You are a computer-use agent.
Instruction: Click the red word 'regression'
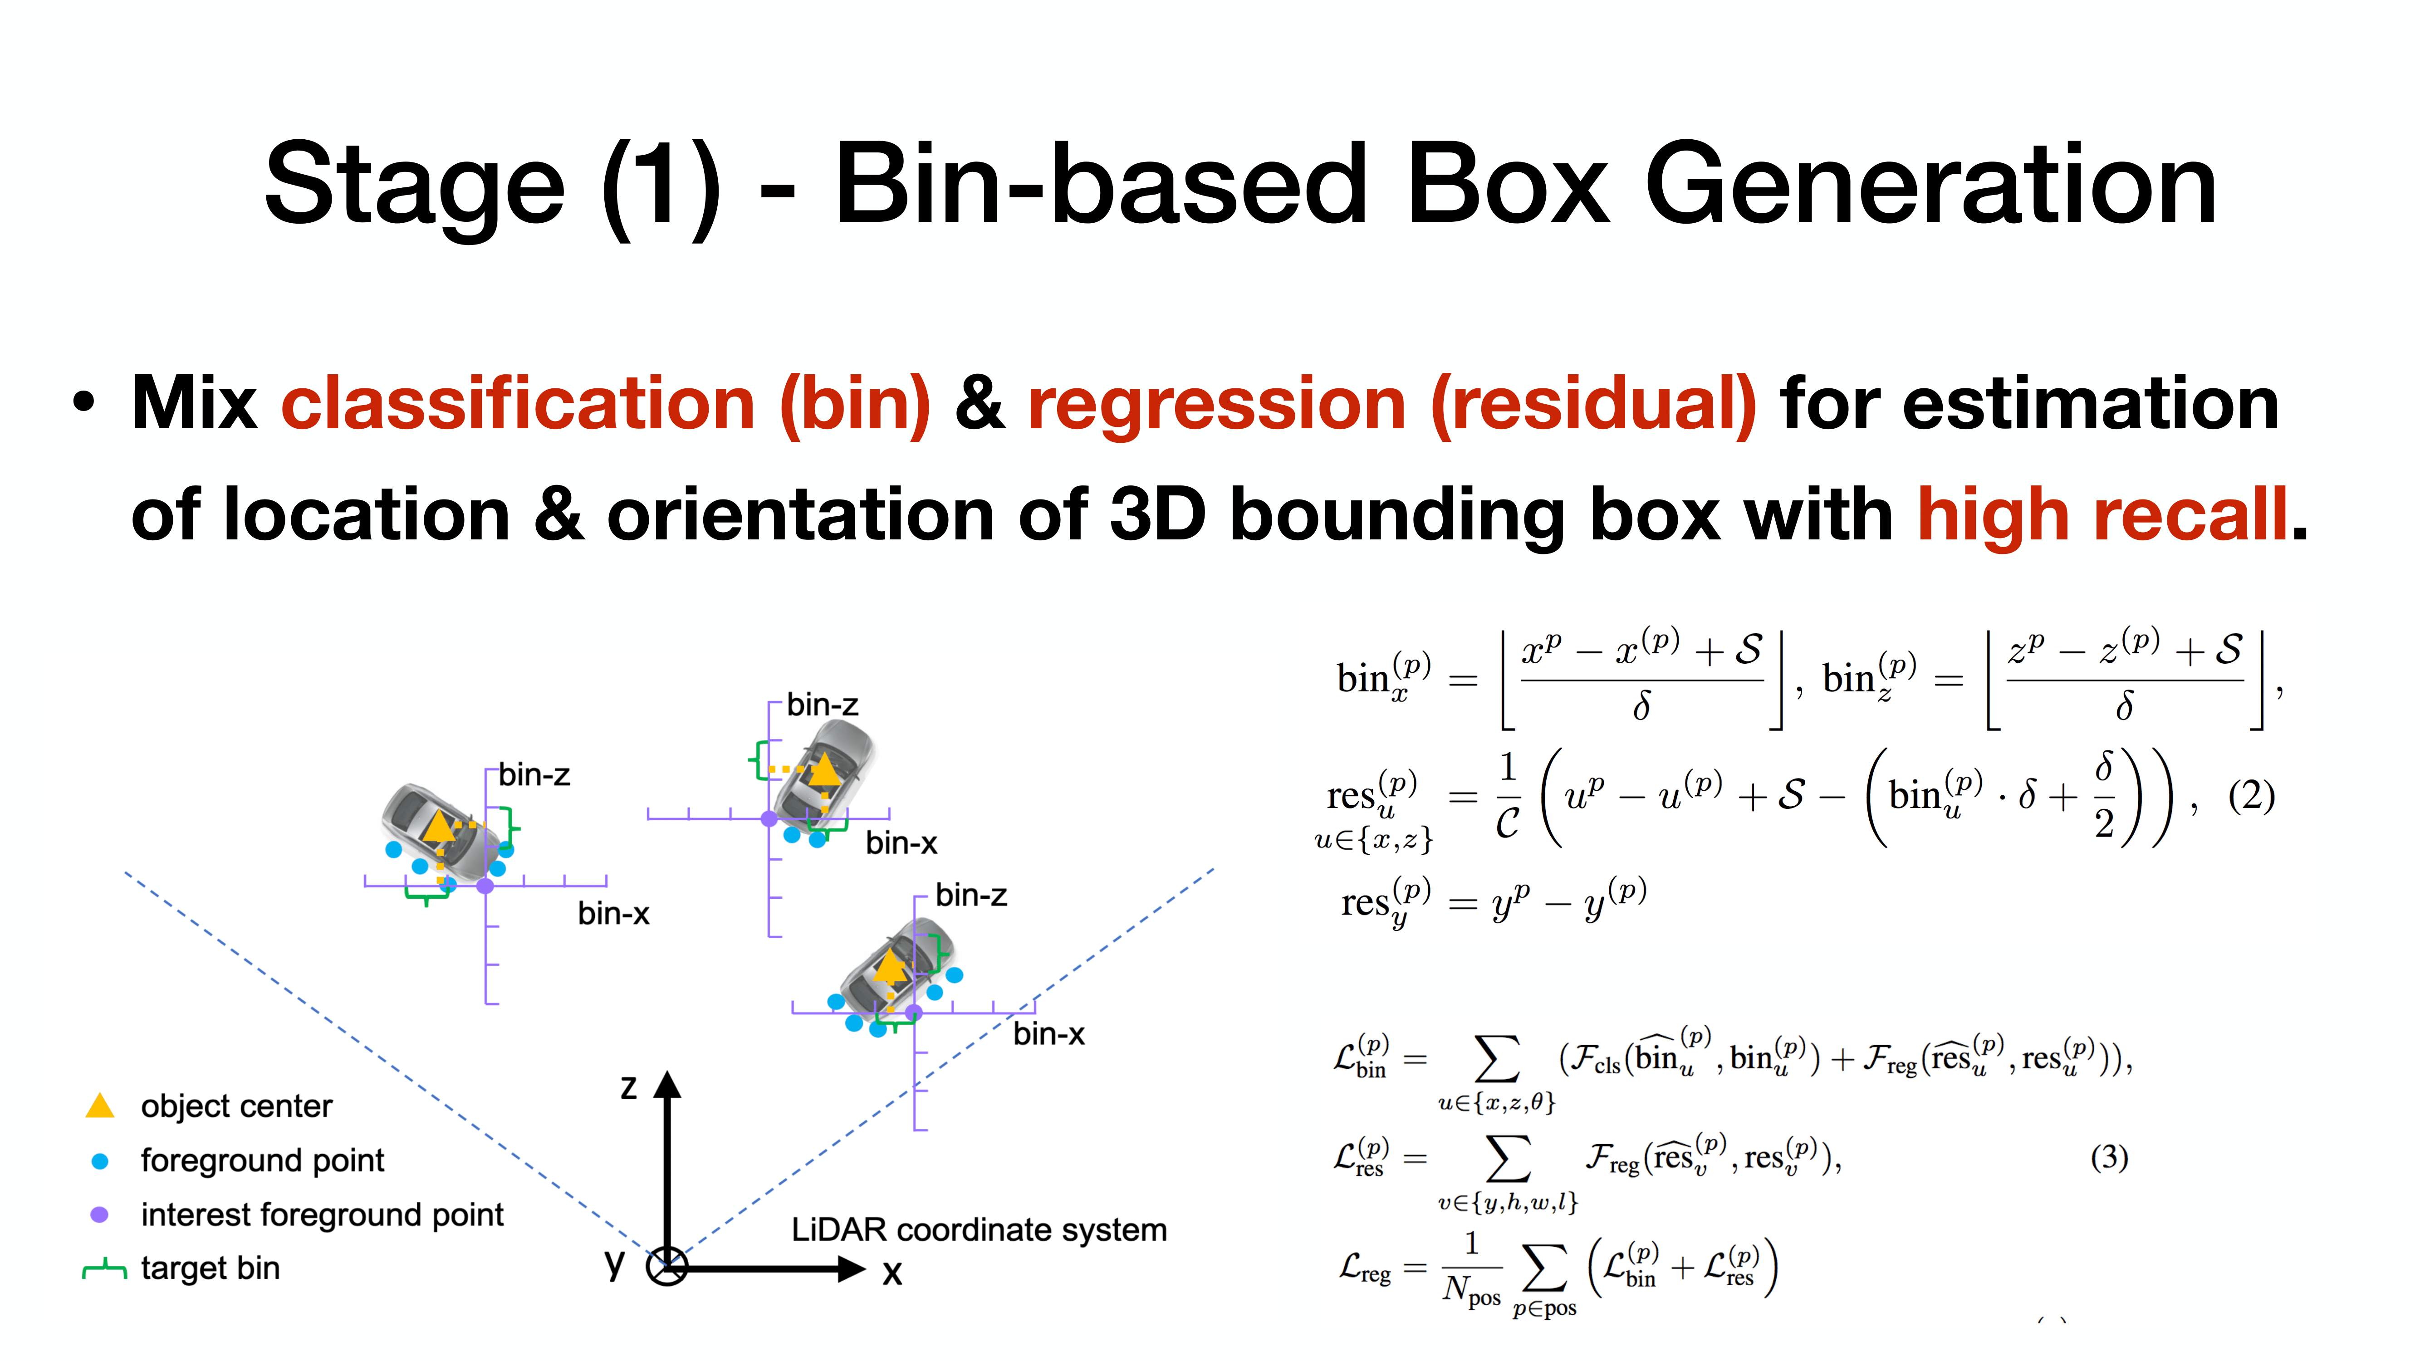click(1216, 404)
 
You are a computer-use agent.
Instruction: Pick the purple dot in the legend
click(99, 1214)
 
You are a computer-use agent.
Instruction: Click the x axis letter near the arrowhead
click(892, 1273)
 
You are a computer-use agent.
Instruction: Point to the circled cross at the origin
click(667, 1267)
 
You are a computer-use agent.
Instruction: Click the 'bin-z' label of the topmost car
click(822, 705)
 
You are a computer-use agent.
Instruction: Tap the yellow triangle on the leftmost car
click(438, 827)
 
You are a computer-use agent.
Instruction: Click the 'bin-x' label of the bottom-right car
click(1048, 1034)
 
